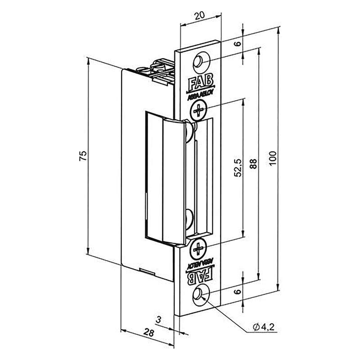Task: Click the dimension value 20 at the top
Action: pos(201,15)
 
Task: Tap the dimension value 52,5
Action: pos(238,167)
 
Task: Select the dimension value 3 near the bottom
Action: pos(158,319)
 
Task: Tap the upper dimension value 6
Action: pos(238,45)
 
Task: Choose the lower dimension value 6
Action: pos(238,292)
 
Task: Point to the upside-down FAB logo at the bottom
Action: pos(198,275)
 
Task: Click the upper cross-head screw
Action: pos(198,108)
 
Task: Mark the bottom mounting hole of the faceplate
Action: pos(199,294)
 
